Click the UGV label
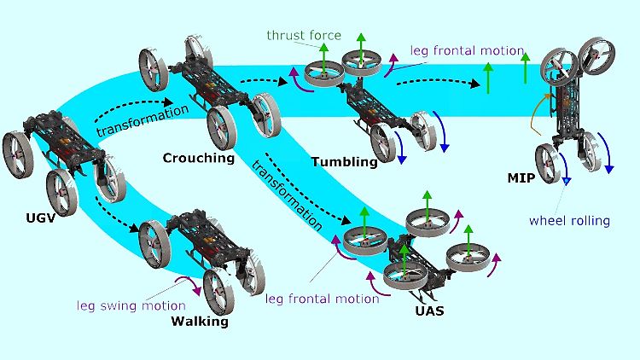point(40,218)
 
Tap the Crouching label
point(199,158)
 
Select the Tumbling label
point(345,162)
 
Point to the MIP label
point(521,178)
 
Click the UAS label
point(429,311)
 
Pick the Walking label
point(200,322)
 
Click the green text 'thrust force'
point(304,36)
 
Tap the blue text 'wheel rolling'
point(569,221)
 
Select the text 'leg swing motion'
point(131,305)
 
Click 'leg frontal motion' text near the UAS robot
point(322,299)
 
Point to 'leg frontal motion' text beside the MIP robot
point(467,50)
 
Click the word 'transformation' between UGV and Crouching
point(143,121)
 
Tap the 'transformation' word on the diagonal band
point(287,195)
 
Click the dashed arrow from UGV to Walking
point(114,218)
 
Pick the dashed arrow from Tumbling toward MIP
point(438,82)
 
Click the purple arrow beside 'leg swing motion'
point(190,283)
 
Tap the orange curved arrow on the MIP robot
point(538,113)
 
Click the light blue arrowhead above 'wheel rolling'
point(567,181)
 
